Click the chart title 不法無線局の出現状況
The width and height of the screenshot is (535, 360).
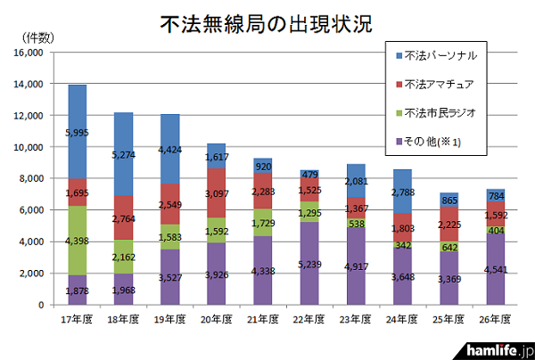pos(267,22)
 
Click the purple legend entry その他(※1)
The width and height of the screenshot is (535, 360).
pos(432,143)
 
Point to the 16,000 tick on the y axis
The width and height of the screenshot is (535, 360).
pos(30,53)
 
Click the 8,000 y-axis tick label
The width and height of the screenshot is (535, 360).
pos(33,178)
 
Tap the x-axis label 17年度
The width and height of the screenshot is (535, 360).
pos(77,318)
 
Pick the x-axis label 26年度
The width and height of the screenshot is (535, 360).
pos(495,318)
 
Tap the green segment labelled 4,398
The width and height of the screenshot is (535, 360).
pos(77,241)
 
